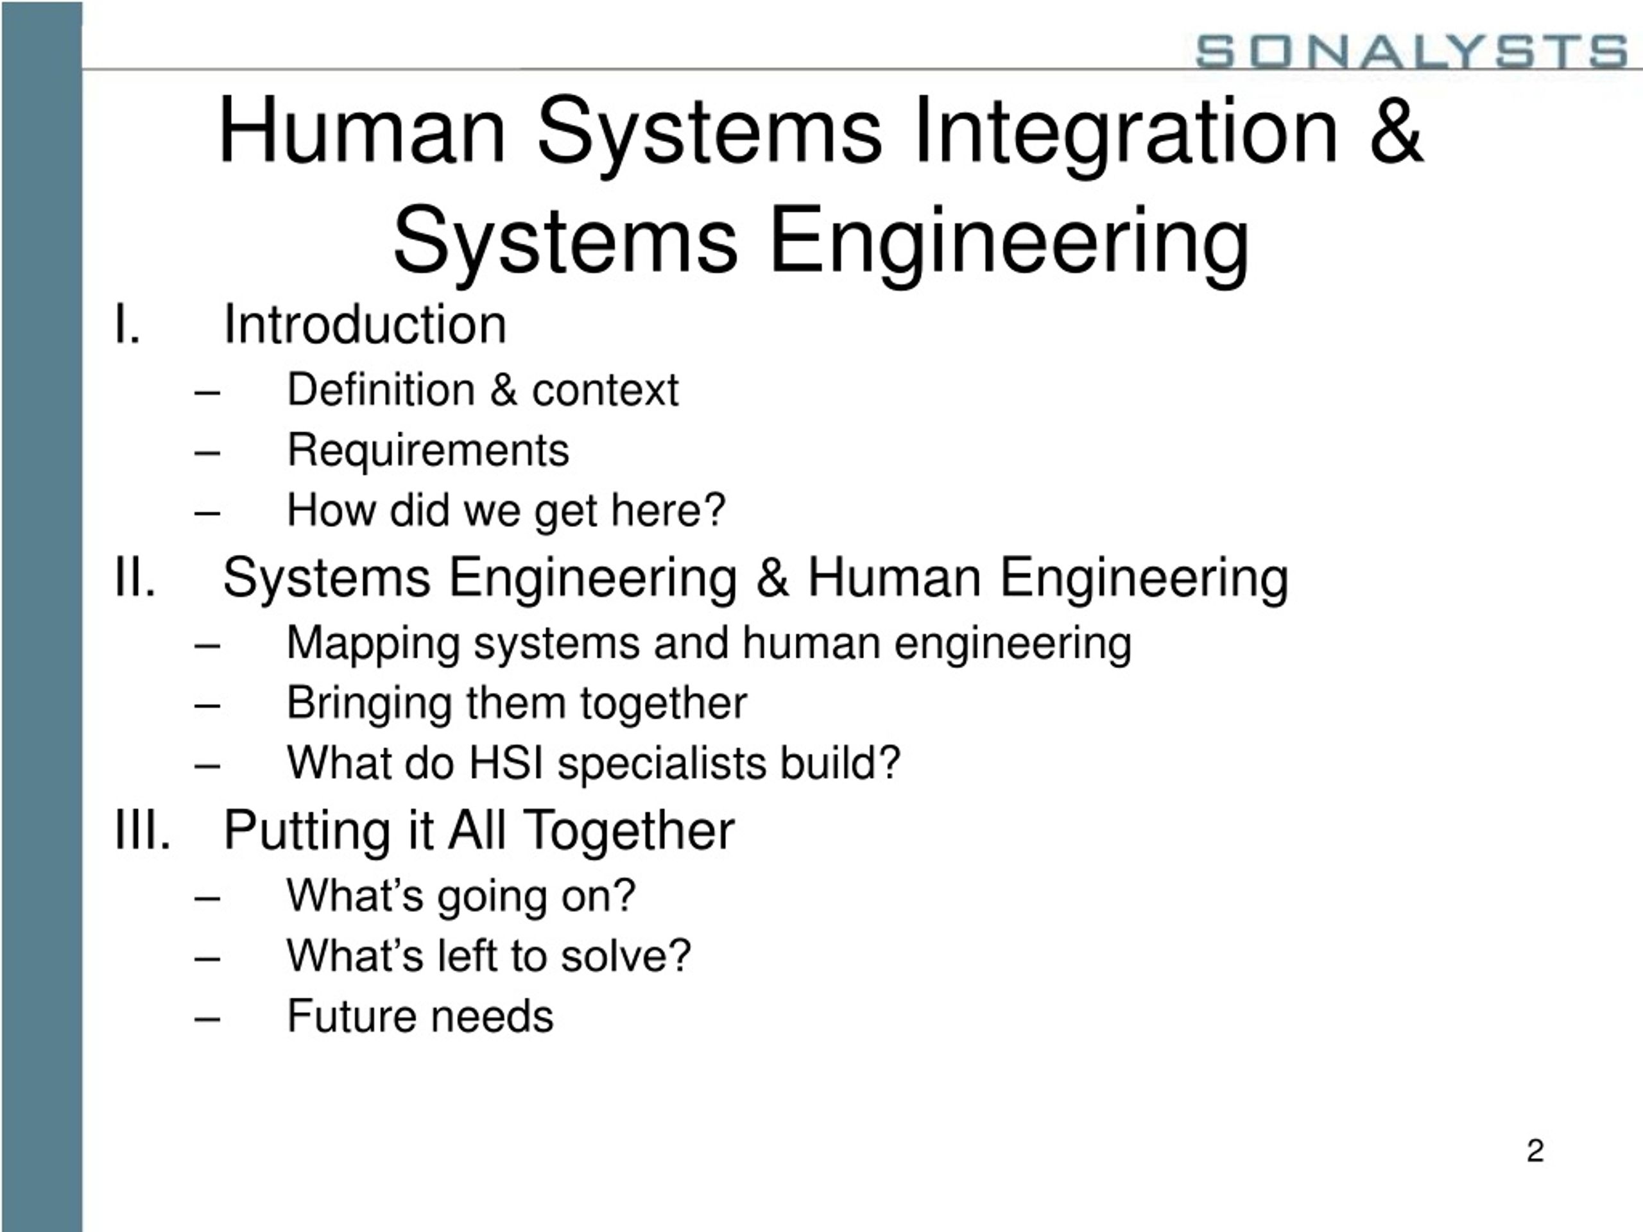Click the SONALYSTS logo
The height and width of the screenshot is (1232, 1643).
pos(1411,51)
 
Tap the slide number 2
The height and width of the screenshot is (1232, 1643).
pos(1535,1151)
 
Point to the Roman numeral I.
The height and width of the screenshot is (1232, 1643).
pos(127,325)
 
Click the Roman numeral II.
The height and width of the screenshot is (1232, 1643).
pos(135,577)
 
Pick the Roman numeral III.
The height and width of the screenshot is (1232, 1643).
pos(142,830)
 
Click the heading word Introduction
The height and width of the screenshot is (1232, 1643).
pos(365,325)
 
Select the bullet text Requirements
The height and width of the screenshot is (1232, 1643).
pos(428,450)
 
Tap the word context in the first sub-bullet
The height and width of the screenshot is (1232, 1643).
pos(605,390)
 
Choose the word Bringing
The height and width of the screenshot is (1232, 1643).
pos(369,704)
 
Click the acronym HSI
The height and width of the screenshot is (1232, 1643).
pos(506,763)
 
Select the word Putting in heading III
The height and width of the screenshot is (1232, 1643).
pos(307,831)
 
